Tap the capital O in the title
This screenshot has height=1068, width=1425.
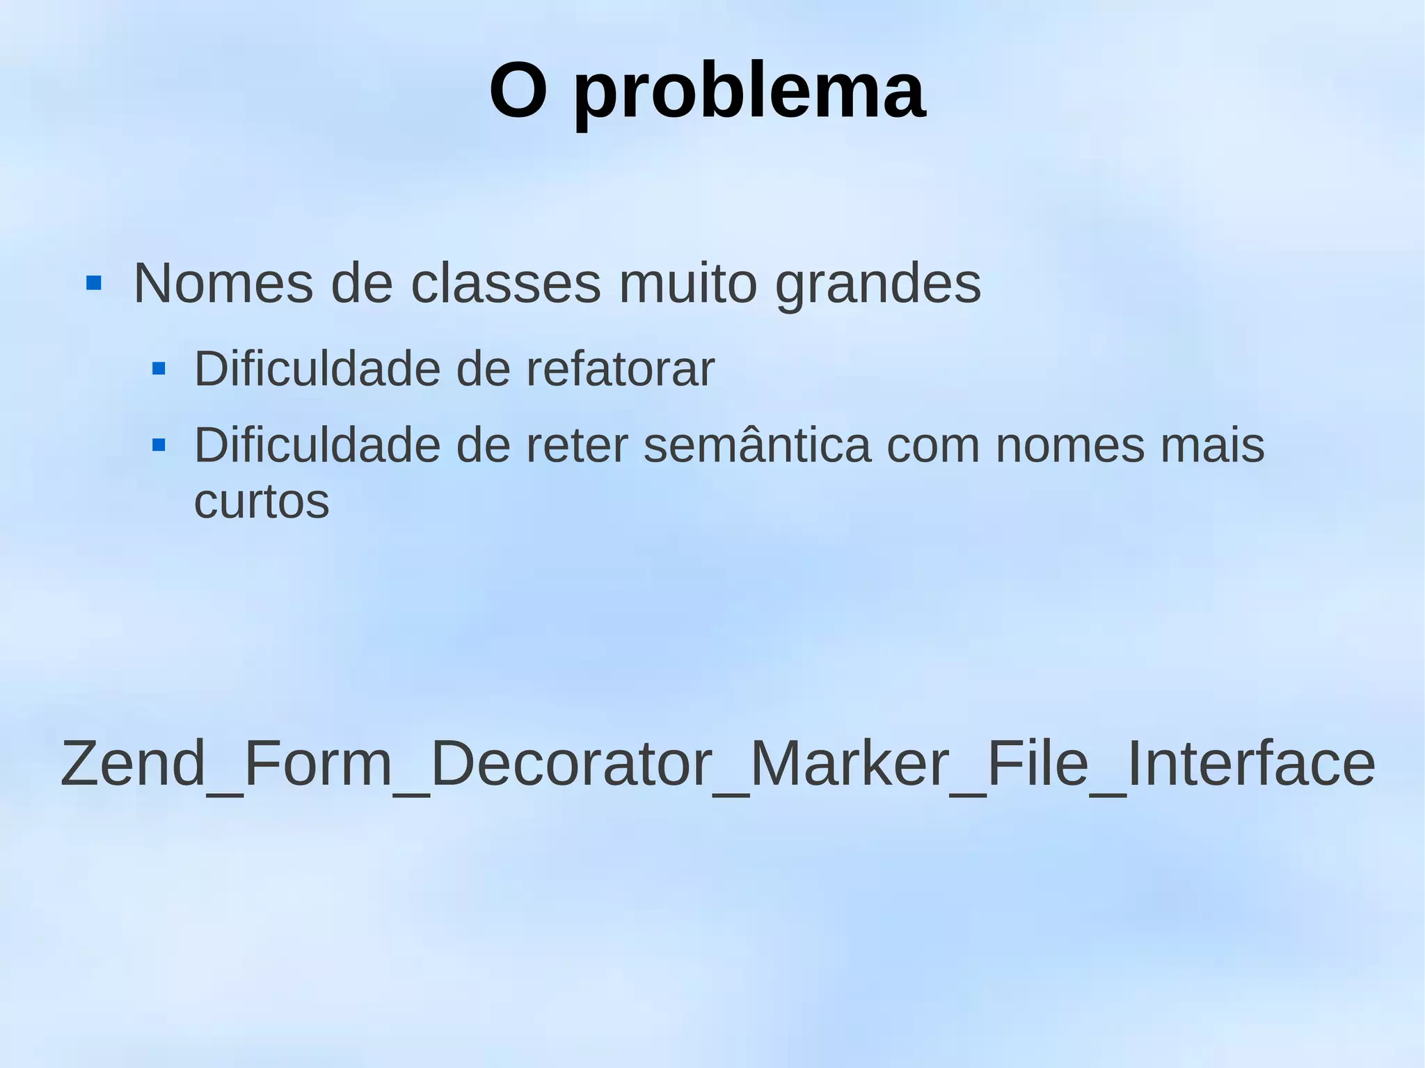click(518, 91)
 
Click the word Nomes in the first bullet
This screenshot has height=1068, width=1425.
click(223, 284)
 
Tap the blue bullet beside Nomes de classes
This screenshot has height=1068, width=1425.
click(94, 283)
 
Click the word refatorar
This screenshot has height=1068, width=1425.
click(620, 369)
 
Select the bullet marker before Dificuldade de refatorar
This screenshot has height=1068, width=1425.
click(159, 369)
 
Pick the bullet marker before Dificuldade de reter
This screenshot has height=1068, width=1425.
click(159, 445)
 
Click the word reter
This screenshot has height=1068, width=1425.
click(577, 445)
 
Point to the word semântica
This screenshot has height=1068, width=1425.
click(757, 445)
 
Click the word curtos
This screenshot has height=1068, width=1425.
click(261, 502)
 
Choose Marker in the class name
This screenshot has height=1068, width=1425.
click(849, 763)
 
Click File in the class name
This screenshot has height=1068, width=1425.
click(1037, 763)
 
